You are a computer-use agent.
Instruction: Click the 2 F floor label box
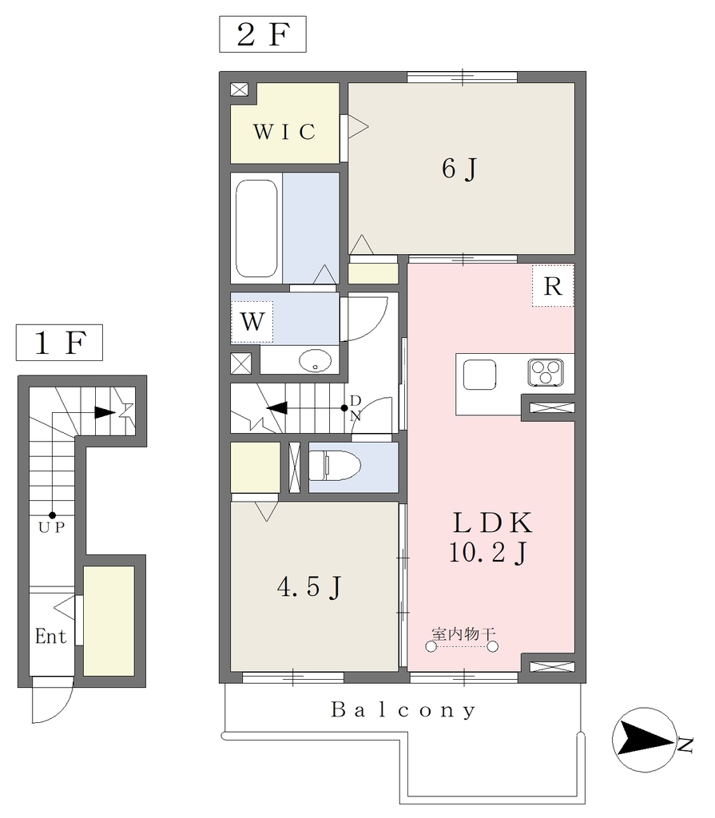point(263,34)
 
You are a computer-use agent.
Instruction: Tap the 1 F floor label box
point(59,343)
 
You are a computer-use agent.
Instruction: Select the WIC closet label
point(284,132)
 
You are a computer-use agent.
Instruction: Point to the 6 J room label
point(459,169)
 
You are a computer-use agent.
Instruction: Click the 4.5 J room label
point(309,587)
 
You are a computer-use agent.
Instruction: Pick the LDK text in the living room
point(492,522)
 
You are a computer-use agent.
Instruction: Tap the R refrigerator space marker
point(553,286)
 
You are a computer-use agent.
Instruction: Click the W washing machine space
point(252,322)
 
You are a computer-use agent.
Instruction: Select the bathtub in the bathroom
point(256,228)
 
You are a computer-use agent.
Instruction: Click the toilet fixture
point(335,466)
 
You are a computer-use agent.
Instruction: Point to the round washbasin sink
point(316,360)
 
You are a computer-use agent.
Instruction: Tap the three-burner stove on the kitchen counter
point(546,373)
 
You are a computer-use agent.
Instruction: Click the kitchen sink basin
point(479,375)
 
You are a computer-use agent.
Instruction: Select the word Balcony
point(403,710)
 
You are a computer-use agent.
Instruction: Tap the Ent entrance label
point(50,637)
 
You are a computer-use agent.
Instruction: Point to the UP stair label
point(52,527)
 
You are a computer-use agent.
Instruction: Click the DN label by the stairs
point(356,408)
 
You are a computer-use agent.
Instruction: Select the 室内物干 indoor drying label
point(463,633)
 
